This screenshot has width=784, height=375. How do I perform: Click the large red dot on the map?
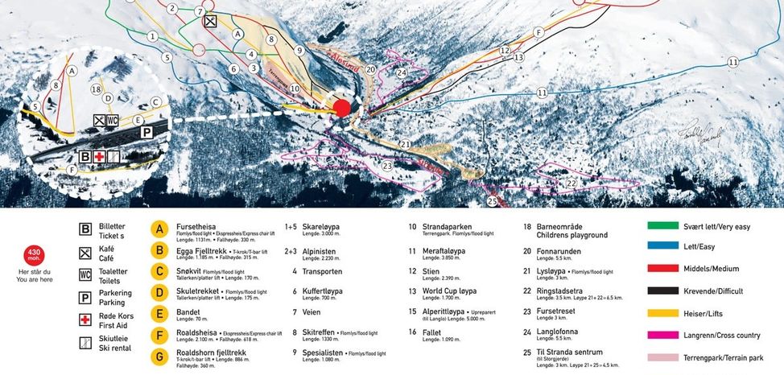click(343, 108)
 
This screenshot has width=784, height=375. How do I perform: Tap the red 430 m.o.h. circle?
click(35, 256)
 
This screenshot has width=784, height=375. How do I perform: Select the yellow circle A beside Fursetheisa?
click(160, 229)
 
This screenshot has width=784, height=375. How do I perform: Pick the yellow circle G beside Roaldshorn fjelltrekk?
click(160, 354)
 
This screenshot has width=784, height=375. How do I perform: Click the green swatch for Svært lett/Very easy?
click(662, 226)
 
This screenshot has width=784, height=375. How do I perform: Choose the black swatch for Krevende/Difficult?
click(662, 291)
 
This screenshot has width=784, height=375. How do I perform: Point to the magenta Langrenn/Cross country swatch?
click(662, 334)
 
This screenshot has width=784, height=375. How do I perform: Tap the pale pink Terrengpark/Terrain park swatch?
click(662, 356)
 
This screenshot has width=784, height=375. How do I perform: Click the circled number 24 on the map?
click(402, 72)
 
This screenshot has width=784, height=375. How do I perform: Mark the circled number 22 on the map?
click(571, 183)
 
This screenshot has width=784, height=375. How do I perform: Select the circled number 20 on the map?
click(370, 69)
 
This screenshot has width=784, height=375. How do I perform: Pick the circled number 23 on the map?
click(387, 166)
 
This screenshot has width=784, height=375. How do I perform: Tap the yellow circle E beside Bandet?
click(160, 312)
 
